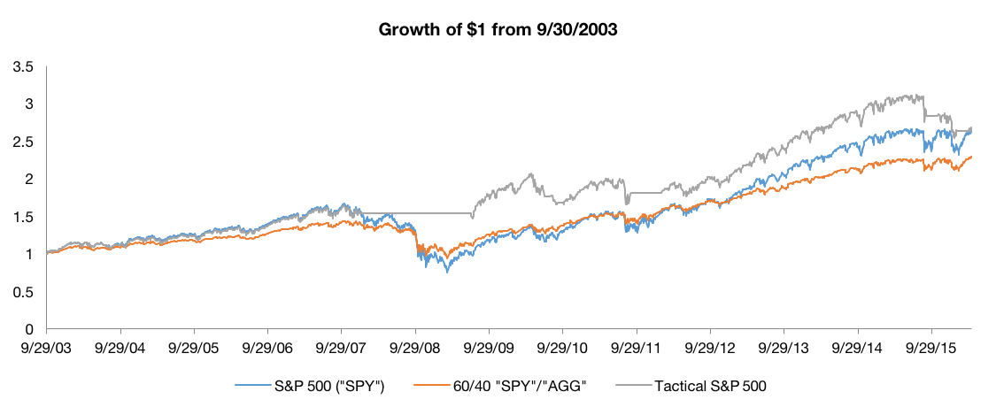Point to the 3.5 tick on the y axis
click(24, 66)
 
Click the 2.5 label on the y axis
click(24, 142)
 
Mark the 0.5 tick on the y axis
click(24, 291)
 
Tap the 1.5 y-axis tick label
click(24, 217)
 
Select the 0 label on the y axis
click(29, 329)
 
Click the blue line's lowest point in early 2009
click(447, 272)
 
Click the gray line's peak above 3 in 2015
click(922, 96)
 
